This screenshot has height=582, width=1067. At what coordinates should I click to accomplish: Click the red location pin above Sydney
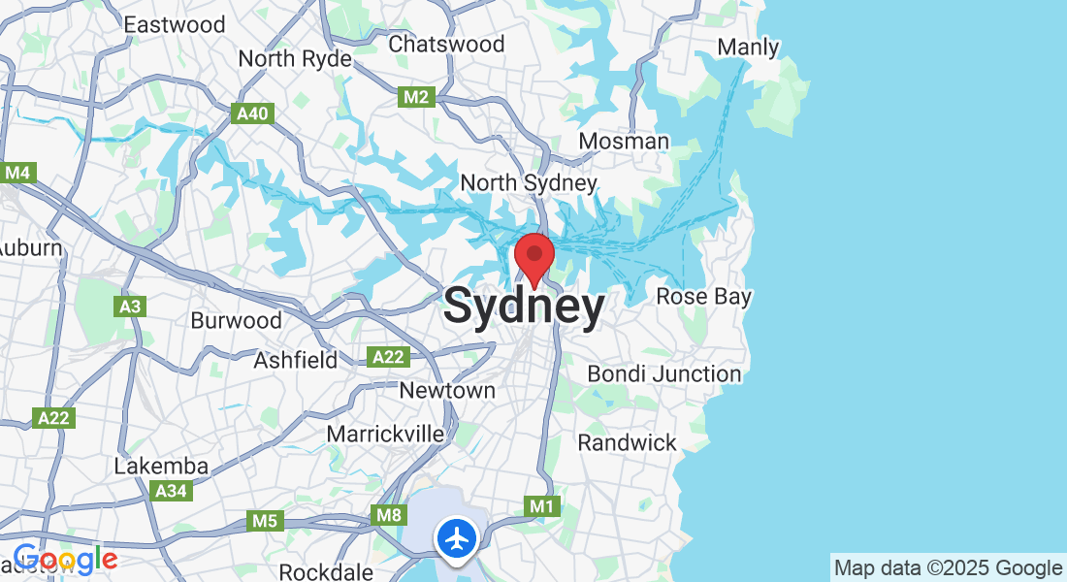click(x=533, y=256)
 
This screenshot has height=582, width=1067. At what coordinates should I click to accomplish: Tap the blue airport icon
click(x=456, y=537)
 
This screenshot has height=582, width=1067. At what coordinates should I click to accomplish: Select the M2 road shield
click(x=415, y=97)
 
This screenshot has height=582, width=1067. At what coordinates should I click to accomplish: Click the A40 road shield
click(x=254, y=114)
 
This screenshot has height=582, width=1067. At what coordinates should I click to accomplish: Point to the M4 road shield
click(x=17, y=173)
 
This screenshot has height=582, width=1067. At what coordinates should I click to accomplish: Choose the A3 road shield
click(x=130, y=307)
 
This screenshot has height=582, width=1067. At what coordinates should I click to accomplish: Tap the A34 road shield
click(x=172, y=491)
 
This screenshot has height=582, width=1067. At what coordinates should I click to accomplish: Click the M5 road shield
click(x=265, y=521)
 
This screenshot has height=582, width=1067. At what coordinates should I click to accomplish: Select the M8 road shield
click(x=388, y=514)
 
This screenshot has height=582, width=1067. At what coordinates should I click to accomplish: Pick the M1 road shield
click(x=542, y=506)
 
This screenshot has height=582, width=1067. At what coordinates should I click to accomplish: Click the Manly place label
click(x=748, y=47)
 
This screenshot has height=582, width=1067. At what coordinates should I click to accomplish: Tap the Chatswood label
click(x=446, y=44)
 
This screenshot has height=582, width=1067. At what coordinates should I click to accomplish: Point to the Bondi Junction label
click(x=664, y=373)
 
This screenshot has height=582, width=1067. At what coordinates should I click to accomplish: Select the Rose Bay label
click(x=704, y=296)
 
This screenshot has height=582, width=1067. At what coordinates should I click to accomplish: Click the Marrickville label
click(x=385, y=434)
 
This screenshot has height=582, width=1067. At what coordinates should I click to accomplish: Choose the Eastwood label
click(x=175, y=24)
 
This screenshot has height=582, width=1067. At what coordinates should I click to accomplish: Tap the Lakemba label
click(x=161, y=466)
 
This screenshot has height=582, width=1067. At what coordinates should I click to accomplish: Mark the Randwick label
click(x=628, y=442)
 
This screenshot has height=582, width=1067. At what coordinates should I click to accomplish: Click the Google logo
click(x=64, y=560)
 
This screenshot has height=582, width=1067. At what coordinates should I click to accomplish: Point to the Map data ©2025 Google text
click(x=949, y=567)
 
